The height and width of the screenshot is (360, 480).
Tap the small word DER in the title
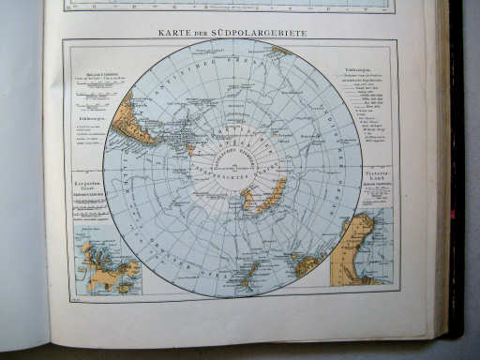tap(201, 35)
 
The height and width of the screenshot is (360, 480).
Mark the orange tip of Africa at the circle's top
tap(279, 50)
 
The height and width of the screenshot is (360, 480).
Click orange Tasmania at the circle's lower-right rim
tap(307, 266)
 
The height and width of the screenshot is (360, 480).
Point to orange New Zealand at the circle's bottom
tap(248, 275)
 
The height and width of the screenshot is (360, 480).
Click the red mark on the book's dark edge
tap(452, 215)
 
